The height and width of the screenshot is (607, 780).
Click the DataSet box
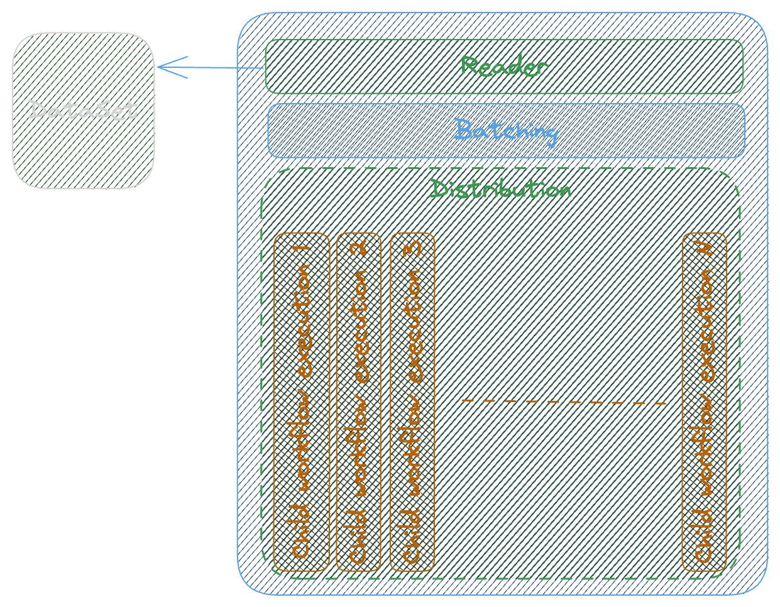coord(84,111)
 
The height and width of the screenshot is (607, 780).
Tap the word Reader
coord(504,66)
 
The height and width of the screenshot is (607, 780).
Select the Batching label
coord(506,131)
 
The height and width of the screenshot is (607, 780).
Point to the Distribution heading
coord(500,189)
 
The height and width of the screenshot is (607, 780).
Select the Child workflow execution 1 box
coord(302,402)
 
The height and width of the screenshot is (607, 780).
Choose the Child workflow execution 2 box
coord(359,402)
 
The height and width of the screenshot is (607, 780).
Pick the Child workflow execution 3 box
coord(412,402)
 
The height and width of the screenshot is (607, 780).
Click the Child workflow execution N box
coord(704,402)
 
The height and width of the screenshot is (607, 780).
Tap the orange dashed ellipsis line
coord(564,402)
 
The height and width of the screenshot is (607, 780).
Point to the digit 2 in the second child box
coord(359,248)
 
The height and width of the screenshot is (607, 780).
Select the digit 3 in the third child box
coord(412,248)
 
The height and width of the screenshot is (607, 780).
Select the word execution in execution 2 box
coord(359,327)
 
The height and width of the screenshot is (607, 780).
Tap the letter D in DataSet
coord(37,111)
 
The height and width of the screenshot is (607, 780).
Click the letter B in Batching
coord(463,129)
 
